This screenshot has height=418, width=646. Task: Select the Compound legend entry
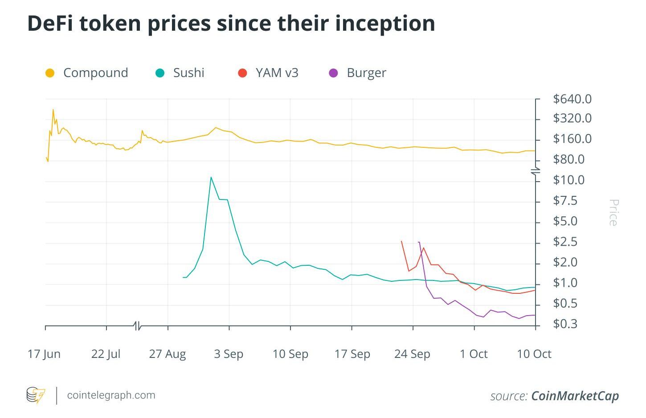pyautogui.click(x=95, y=73)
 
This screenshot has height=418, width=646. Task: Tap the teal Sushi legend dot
pyautogui.click(x=160, y=73)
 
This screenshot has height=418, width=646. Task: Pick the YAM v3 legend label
pyautogui.click(x=277, y=73)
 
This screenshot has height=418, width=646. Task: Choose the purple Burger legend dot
pyautogui.click(x=333, y=73)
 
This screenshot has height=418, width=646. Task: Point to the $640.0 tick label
pyautogui.click(x=572, y=99)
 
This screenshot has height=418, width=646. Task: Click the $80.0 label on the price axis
pyautogui.click(x=568, y=159)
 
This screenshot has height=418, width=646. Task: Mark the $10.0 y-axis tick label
pyautogui.click(x=568, y=180)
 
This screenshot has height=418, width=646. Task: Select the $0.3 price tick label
pyautogui.click(x=565, y=324)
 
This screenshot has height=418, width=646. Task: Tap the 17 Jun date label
pyautogui.click(x=44, y=354)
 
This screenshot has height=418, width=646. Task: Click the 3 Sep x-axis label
pyautogui.click(x=229, y=354)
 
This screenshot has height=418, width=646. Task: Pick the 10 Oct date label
pyautogui.click(x=534, y=354)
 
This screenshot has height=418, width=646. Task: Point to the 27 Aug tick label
pyautogui.click(x=168, y=354)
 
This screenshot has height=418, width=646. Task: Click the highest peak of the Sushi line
pyautogui.click(x=211, y=177)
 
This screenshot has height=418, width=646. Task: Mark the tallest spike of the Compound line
pyautogui.click(x=53, y=110)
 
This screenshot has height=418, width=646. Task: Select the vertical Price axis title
pyautogui.click(x=613, y=213)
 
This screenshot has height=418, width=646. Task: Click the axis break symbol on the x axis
pyautogui.click(x=138, y=326)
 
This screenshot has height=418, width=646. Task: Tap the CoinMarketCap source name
pyautogui.click(x=575, y=396)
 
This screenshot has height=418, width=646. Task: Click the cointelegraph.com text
pyautogui.click(x=111, y=395)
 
